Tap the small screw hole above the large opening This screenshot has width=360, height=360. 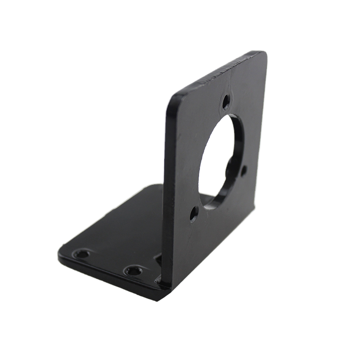click(226, 102)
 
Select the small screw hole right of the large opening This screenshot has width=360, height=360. click(243, 171)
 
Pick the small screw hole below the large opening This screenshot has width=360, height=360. click(193, 213)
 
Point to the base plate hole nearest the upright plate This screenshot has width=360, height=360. click(134, 271)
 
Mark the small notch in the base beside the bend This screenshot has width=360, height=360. click(157, 259)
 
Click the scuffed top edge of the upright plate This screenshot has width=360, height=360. click(220, 72)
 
